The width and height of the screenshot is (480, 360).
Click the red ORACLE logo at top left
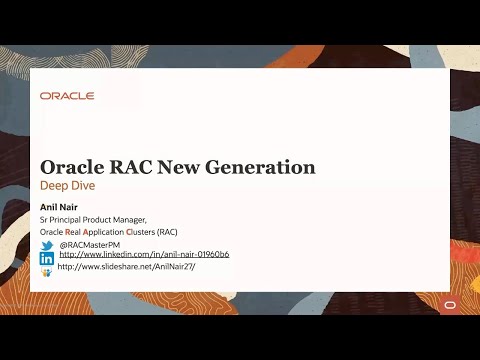pyautogui.click(x=67, y=96)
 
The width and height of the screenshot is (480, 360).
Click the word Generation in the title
pyautogui.click(x=265, y=167)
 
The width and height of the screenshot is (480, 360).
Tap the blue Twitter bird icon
pyautogui.click(x=46, y=245)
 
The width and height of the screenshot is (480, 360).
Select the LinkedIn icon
pyautogui.click(x=46, y=258)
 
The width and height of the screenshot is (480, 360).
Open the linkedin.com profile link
pyautogui.click(x=144, y=255)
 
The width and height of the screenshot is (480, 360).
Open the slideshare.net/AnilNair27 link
pyautogui.click(x=126, y=267)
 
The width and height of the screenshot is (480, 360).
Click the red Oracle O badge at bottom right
pyautogui.click(x=449, y=304)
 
